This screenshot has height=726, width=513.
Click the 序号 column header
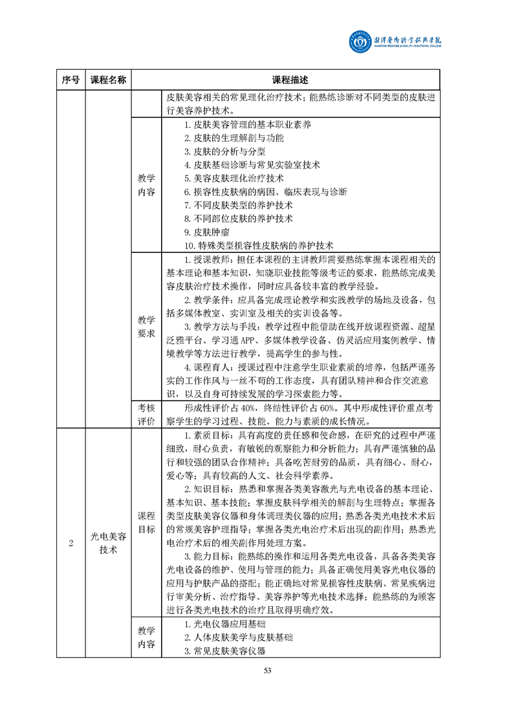[71, 80]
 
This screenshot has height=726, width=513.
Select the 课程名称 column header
[109, 80]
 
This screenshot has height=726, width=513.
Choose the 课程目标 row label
[146, 523]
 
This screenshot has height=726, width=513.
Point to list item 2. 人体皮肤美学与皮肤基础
[239, 637]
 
